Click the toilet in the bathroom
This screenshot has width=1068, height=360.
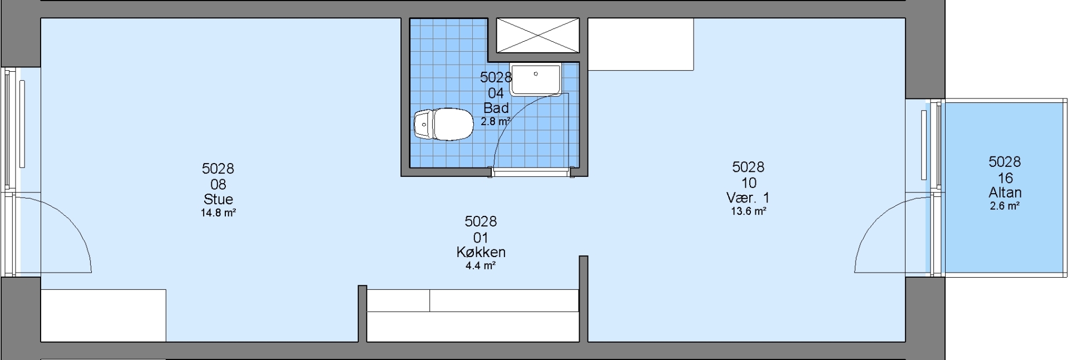coord(443,124)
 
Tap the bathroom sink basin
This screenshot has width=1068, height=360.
coord(536,80)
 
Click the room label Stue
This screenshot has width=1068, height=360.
coord(218,199)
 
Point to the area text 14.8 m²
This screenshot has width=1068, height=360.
coord(218,212)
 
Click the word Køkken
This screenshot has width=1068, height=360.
coord(481,252)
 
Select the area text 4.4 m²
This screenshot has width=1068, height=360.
coord(481,265)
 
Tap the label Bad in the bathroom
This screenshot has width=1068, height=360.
coord(496,107)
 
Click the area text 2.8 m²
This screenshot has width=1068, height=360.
coord(496,121)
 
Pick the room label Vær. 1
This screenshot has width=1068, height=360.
coord(748,198)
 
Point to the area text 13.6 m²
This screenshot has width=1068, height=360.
coord(748,211)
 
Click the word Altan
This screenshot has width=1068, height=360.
coord(1005,193)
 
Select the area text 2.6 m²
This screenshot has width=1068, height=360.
coord(1005,206)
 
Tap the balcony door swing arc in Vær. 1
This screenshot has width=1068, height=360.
coord(869,225)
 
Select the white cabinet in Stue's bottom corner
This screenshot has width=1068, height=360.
coord(103,315)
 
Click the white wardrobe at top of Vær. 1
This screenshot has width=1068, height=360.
coord(641,44)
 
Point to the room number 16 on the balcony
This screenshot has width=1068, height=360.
coord(1005,178)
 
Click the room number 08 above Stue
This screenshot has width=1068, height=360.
coord(218,184)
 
